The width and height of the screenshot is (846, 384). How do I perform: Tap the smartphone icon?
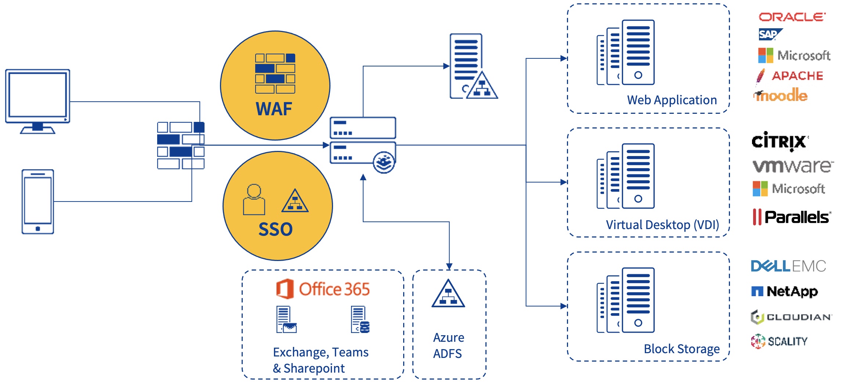tap(38, 202)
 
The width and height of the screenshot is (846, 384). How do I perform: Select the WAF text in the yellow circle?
tap(274, 109)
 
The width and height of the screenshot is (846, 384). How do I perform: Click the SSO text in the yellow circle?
tap(275, 229)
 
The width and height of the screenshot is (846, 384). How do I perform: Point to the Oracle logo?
tap(792, 17)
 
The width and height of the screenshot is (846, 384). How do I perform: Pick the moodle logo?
tap(781, 95)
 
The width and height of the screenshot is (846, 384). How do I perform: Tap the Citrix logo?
tap(779, 141)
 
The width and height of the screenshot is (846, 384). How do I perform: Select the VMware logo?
tap(792, 166)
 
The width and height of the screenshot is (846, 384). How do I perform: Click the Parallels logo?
tap(791, 217)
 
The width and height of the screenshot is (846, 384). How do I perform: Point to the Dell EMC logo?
tap(788, 266)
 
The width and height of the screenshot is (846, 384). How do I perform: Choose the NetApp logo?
tap(784, 291)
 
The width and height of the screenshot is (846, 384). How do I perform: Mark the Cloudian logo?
tap(791, 317)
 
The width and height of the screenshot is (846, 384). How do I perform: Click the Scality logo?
tap(779, 341)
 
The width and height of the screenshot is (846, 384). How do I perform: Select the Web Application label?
tap(672, 100)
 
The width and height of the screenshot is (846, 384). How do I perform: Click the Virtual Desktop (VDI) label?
tap(662, 225)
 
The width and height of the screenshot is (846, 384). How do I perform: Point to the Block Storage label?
tap(681, 349)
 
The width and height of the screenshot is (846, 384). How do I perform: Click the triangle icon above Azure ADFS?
tap(448, 294)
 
